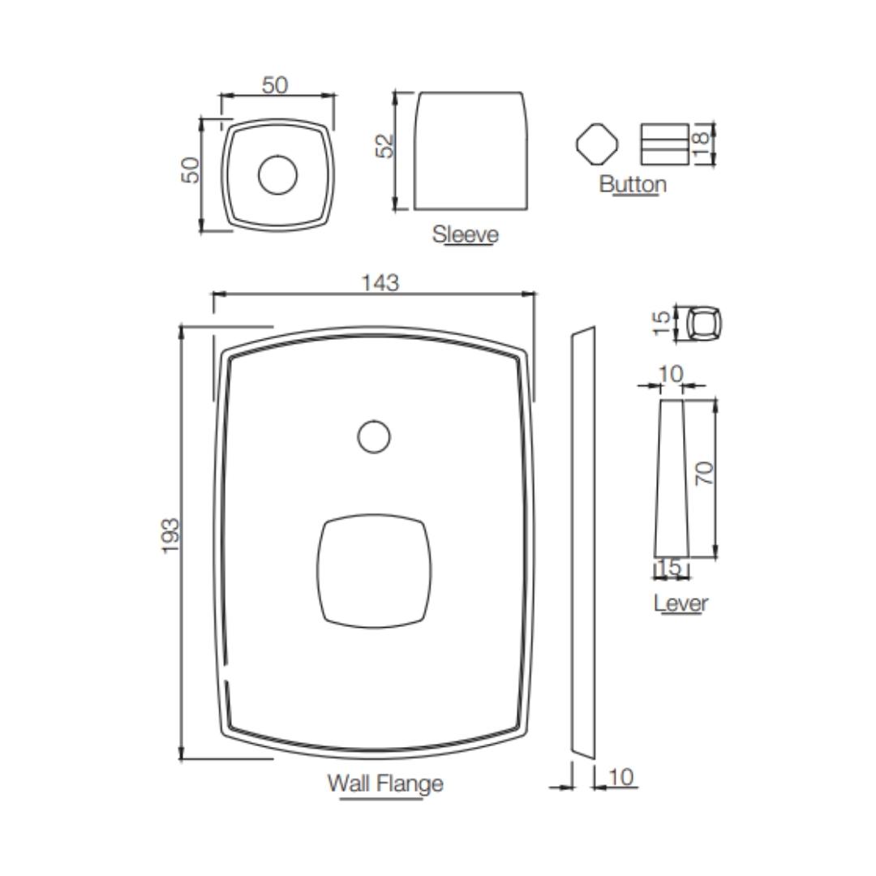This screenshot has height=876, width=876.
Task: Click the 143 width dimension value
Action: [x=380, y=283]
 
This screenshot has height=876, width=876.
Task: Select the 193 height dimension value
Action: [x=171, y=535]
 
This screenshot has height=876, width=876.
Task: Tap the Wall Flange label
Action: [x=385, y=784]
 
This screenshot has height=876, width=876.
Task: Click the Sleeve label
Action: [x=466, y=234]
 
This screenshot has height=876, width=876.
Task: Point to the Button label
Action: [x=633, y=184]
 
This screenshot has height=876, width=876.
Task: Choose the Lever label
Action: [x=681, y=603]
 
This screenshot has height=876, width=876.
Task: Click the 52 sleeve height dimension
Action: [x=385, y=146]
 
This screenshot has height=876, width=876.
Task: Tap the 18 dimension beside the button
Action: [x=701, y=144]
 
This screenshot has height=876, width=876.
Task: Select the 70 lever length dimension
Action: [x=705, y=473]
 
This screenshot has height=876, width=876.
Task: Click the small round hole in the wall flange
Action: [x=374, y=436]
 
